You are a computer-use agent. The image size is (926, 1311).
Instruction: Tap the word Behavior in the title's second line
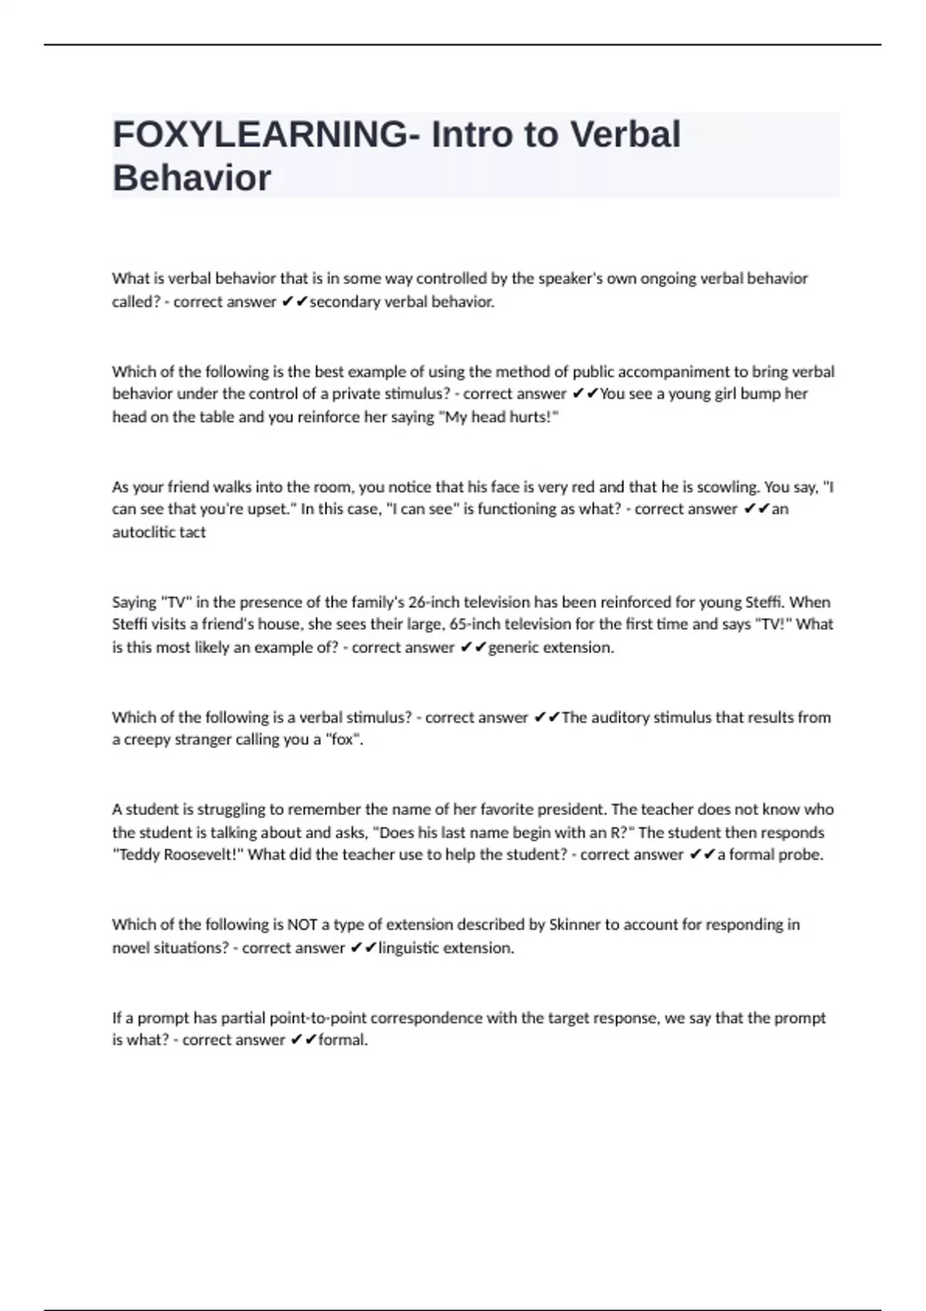coord(192,178)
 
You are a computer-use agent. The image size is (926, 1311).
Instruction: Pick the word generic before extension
coord(513,648)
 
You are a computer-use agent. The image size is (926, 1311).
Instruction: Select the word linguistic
coord(409,948)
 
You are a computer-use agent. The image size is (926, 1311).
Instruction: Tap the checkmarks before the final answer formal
coord(303,1040)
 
